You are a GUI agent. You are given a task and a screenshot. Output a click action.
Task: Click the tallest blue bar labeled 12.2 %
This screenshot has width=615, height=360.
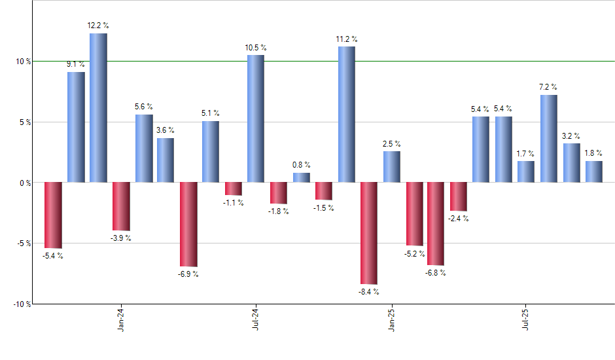pos(98,108)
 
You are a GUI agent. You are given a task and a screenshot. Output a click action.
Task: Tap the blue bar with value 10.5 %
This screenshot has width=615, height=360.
pos(256,118)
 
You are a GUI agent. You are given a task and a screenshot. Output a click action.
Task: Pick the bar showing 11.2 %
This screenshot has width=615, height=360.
pos(347,115)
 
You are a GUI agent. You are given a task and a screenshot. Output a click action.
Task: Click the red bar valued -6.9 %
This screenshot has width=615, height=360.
pos(188,224)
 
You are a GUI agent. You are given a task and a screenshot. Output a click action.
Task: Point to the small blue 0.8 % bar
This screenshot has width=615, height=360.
pos(301,177)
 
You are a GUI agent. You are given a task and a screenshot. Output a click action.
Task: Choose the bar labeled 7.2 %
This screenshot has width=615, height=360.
pos(549,139)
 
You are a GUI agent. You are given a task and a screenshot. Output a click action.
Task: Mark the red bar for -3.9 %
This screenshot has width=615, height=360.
pos(121,206)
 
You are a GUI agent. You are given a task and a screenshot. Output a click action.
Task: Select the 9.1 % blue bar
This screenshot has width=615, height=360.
pos(76,127)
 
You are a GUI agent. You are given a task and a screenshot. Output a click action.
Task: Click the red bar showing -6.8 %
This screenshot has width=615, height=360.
pos(436,223)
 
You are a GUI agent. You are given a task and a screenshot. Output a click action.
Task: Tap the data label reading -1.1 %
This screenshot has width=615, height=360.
pos(234,203)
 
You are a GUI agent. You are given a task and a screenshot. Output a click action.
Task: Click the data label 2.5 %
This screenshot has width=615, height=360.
pos(392,143)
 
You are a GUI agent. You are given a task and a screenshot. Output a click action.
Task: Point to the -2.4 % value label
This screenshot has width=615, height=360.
pos(458,219)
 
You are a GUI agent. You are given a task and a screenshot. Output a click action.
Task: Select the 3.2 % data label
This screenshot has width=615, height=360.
pos(571,135)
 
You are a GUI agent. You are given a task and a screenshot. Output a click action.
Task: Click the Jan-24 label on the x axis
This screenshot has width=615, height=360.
pos(121,319)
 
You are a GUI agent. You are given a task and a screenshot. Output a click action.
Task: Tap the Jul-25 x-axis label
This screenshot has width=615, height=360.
pos(527,319)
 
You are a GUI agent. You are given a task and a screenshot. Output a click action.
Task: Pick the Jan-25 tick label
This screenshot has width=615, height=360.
pos(392,319)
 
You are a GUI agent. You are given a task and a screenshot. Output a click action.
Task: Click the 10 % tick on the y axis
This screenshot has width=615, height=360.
pos(23,62)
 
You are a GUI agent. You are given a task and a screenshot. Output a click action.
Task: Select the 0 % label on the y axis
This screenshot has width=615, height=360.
pos(25,183)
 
